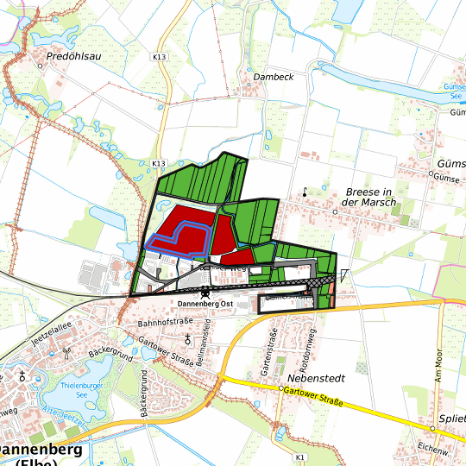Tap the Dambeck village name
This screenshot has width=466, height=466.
[x=274, y=77]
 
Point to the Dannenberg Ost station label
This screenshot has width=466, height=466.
[x=206, y=304]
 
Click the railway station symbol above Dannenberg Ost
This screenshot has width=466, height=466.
[x=205, y=293]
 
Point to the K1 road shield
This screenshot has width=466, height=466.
[x=299, y=456]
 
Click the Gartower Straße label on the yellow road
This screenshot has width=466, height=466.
[x=313, y=397]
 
